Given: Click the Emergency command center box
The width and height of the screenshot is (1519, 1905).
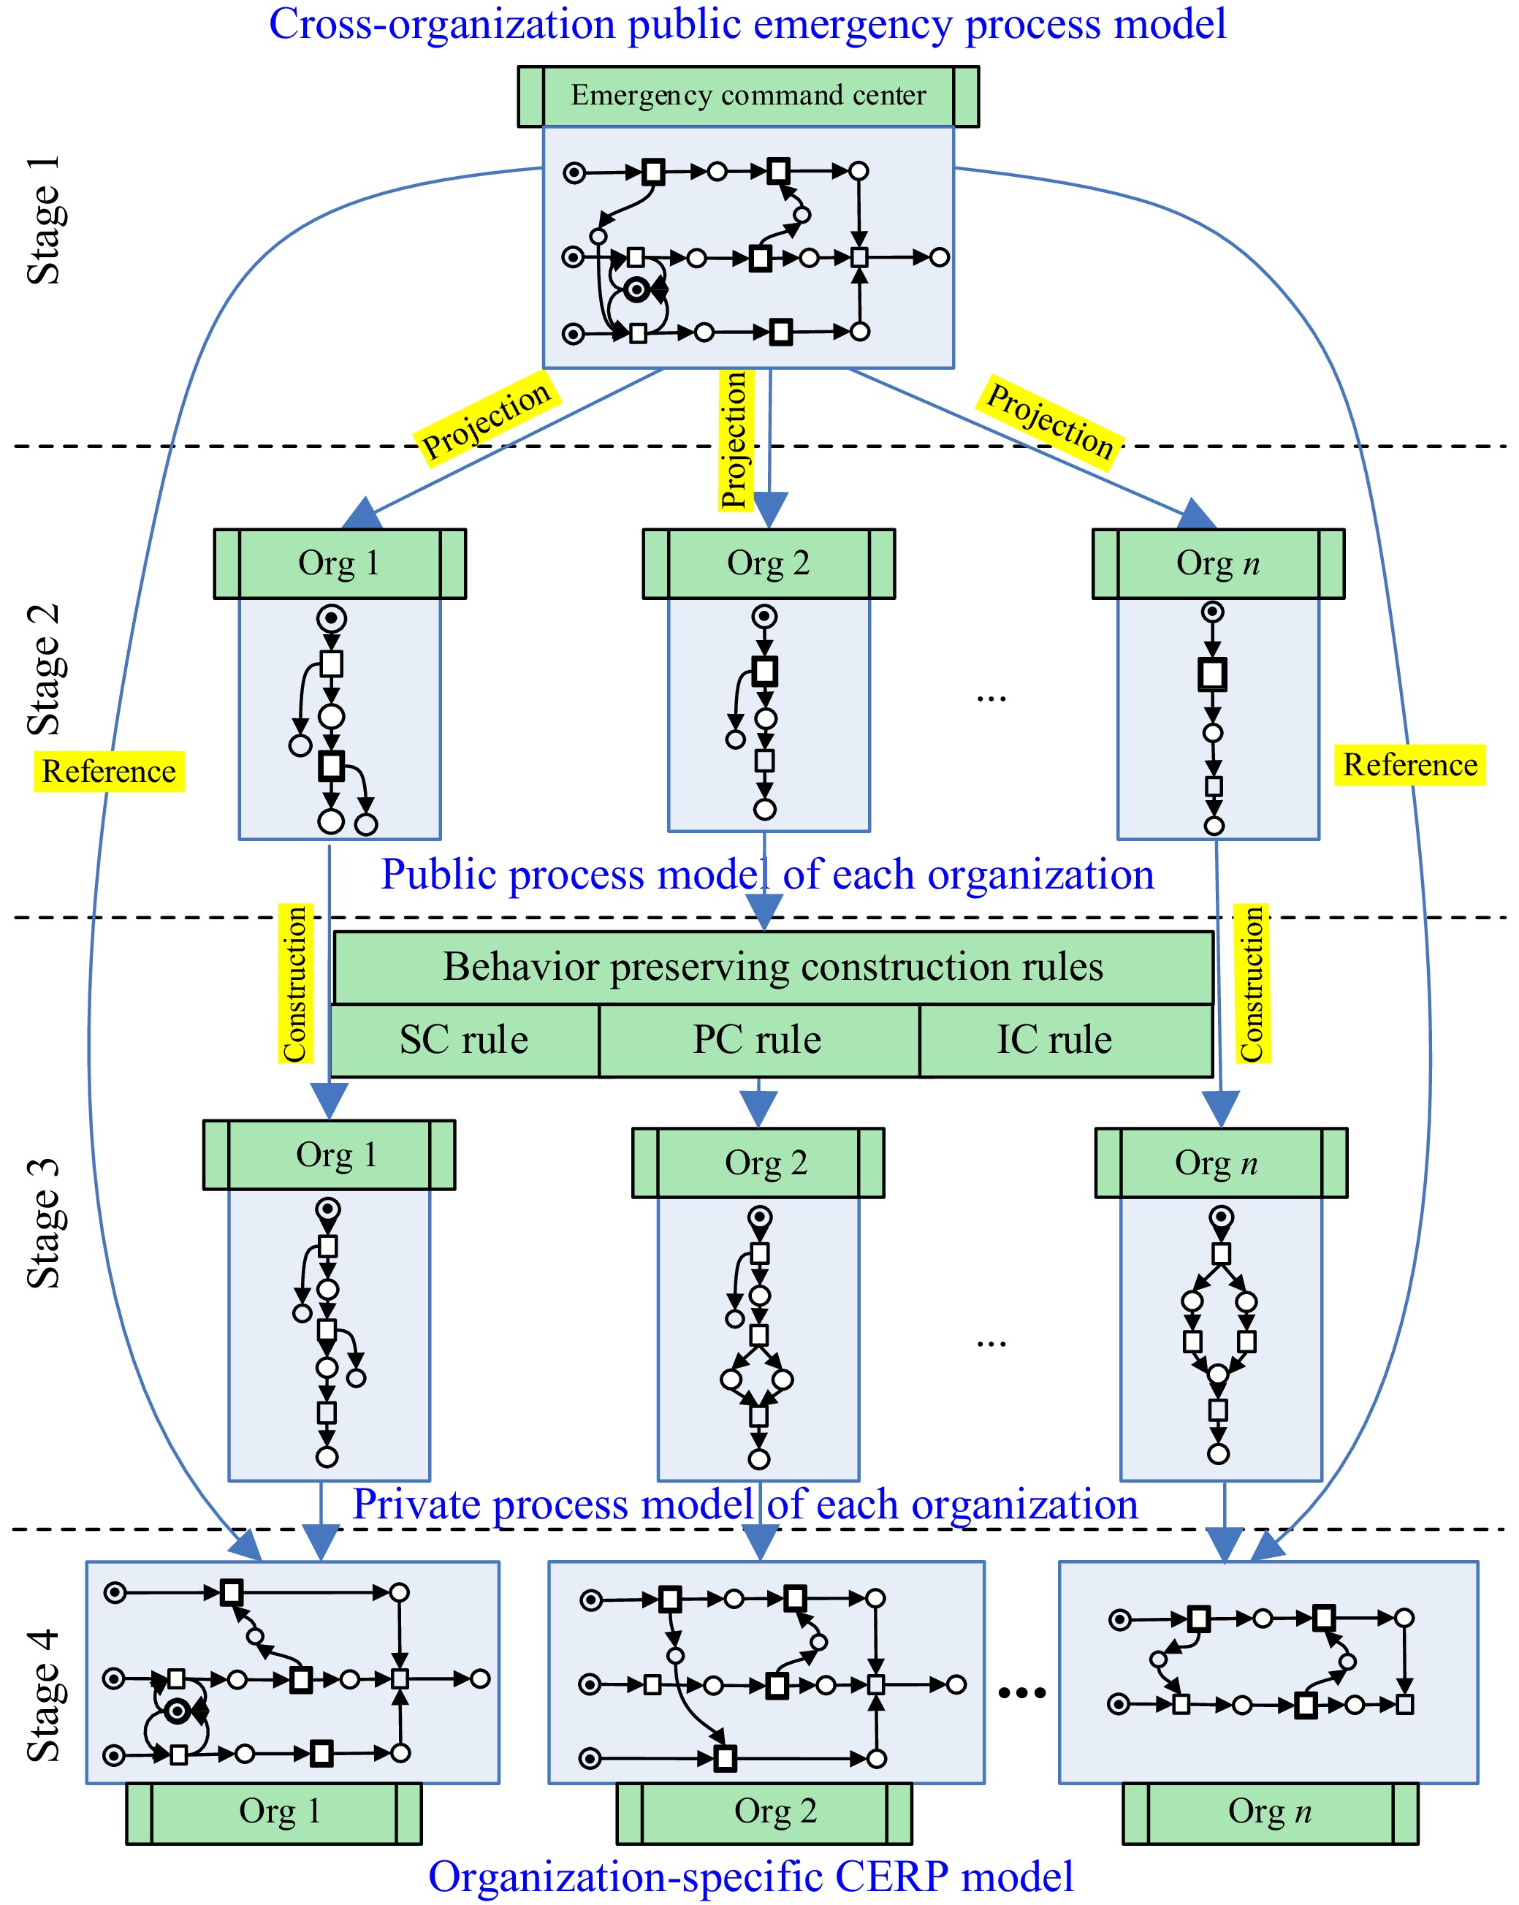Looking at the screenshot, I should (x=747, y=96).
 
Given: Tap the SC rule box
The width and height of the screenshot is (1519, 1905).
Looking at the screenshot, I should (x=464, y=1040).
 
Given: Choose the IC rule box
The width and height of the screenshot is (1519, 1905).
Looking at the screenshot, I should (x=1054, y=1040).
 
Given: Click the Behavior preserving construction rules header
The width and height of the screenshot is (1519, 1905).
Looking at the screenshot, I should (x=772, y=967).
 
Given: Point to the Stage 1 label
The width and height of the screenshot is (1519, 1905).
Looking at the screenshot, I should (x=44, y=221).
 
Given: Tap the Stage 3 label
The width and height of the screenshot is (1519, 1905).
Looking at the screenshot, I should (x=44, y=1224).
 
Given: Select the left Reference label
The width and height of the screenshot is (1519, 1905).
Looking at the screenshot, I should (x=109, y=772).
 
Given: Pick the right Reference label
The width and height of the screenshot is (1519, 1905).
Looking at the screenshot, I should (x=1409, y=765).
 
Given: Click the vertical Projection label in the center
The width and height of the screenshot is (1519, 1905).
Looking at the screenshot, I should (x=734, y=440).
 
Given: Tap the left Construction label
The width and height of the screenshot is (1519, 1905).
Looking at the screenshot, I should (x=294, y=984).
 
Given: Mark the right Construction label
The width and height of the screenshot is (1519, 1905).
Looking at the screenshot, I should (x=1252, y=984).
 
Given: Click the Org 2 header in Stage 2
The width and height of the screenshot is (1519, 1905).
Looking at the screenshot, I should (x=768, y=563).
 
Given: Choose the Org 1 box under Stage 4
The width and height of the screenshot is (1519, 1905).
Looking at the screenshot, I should (x=274, y=1813).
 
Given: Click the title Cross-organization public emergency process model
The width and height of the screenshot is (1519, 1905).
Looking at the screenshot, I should (x=747, y=24).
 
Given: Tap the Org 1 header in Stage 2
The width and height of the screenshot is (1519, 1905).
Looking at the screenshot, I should (x=339, y=563).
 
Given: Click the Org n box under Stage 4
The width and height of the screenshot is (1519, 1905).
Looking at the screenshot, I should (x=1269, y=1813).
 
